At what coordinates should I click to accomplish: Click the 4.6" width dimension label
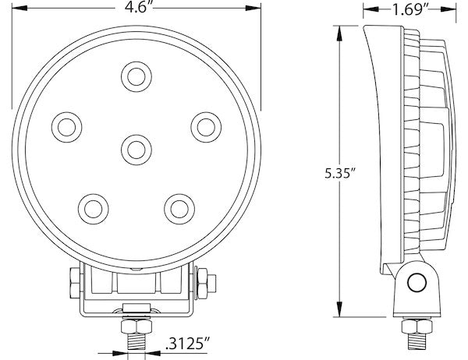(x=135, y=9)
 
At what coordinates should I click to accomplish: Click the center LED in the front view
(x=136, y=146)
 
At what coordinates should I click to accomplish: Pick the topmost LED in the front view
(x=136, y=76)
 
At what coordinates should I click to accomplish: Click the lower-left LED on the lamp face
(x=94, y=206)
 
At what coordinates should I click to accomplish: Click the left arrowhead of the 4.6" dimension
(x=15, y=10)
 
